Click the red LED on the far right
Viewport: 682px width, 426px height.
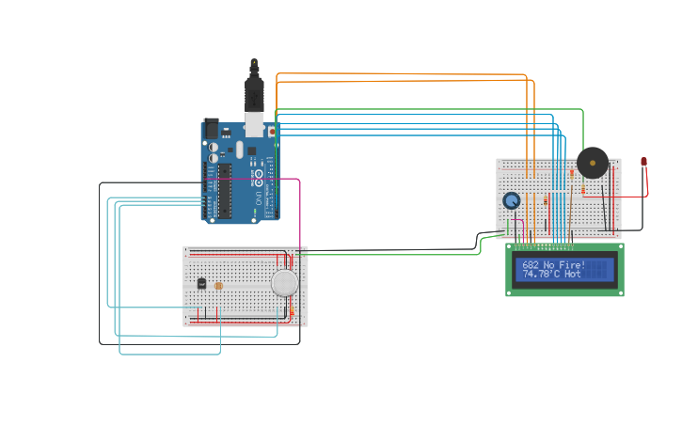click(643, 162)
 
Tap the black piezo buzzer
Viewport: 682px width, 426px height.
click(593, 163)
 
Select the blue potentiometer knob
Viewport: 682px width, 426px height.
click(512, 200)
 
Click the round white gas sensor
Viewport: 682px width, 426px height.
click(284, 282)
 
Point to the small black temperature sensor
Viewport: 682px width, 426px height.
click(200, 283)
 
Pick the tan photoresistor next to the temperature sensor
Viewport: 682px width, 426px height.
click(218, 285)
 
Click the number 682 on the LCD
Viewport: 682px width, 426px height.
click(531, 265)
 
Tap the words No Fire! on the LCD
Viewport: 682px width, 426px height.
click(564, 265)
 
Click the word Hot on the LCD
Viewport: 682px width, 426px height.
click(573, 275)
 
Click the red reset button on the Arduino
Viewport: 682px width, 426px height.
click(272, 133)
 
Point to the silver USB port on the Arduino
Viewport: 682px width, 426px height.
click(254, 123)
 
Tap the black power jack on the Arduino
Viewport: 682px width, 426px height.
click(211, 128)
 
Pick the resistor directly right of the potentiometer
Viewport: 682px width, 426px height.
click(545, 200)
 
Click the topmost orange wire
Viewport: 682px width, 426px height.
click(404, 73)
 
